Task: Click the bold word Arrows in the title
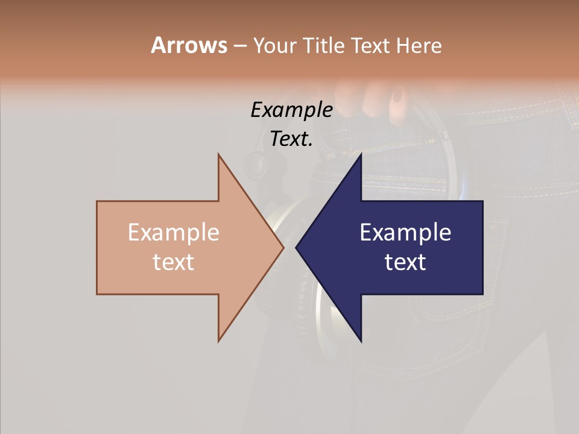tap(189, 45)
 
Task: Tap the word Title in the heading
tap(323, 46)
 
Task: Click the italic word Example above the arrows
tap(292, 110)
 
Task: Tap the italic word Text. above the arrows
tap(292, 139)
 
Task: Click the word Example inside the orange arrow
tap(174, 232)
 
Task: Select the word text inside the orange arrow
tap(174, 262)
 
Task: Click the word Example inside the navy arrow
tap(405, 232)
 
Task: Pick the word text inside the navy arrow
tap(405, 262)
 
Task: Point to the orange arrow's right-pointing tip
tap(283, 247)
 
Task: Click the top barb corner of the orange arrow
tap(218, 154)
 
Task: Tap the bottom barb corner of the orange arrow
tap(218, 341)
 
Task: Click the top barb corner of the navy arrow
tap(361, 154)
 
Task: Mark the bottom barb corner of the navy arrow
tap(361, 341)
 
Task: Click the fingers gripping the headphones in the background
tap(380, 99)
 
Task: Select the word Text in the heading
tap(373, 46)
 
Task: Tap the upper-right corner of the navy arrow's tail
tap(482, 201)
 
